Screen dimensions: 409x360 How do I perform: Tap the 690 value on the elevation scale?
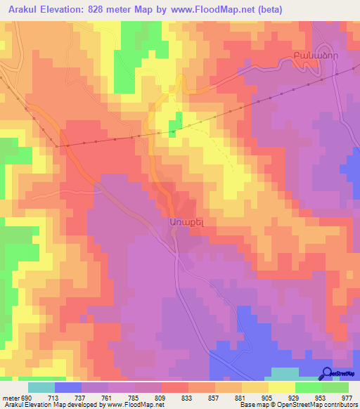[x=27, y=397]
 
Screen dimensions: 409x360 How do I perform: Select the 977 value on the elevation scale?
[x=346, y=397]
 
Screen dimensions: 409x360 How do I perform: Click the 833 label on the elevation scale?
[x=186, y=397]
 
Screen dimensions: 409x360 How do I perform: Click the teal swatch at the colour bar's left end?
[x=41, y=387]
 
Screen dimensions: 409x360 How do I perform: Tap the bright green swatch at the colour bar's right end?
[x=335, y=387]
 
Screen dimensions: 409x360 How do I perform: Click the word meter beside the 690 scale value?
[x=10, y=397]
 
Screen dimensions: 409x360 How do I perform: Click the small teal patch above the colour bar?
[x=284, y=374]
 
